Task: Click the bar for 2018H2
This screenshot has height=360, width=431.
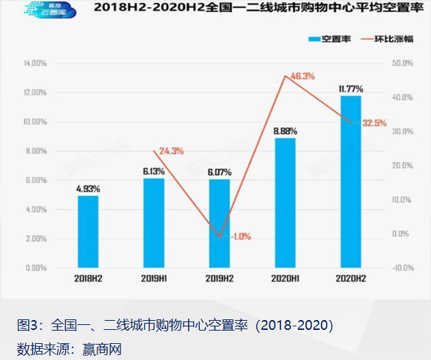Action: [x=88, y=231]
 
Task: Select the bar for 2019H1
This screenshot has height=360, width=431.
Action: [x=153, y=223]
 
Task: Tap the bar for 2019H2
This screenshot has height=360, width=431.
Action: [x=219, y=223]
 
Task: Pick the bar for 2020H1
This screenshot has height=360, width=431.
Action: [x=285, y=202]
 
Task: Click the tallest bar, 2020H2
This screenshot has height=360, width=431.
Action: [x=350, y=181]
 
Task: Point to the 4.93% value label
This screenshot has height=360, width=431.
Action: [x=88, y=188]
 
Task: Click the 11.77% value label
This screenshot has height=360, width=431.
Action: [x=350, y=88]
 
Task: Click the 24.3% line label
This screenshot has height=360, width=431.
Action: [x=172, y=151]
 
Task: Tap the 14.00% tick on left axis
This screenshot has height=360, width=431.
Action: [x=35, y=63]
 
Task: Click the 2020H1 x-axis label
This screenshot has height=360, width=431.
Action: [x=285, y=279]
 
